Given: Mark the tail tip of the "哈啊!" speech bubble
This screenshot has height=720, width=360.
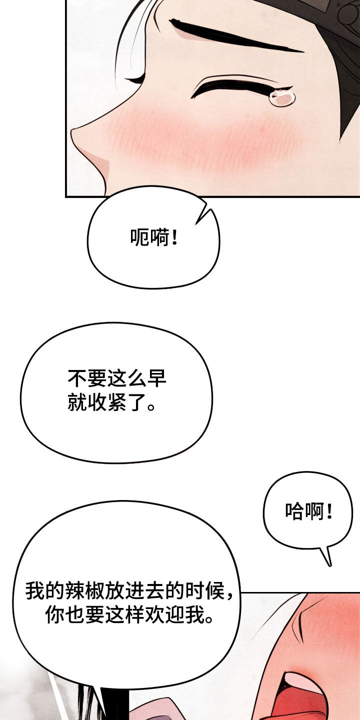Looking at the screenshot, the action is click(330, 565).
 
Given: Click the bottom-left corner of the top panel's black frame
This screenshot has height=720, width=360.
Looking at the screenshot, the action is click(65, 196).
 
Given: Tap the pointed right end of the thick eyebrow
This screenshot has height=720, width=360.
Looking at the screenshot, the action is click(303, 51).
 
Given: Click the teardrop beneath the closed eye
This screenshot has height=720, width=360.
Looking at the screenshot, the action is click(282, 97).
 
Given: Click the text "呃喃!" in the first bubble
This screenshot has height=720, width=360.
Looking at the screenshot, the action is click(153, 237).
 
